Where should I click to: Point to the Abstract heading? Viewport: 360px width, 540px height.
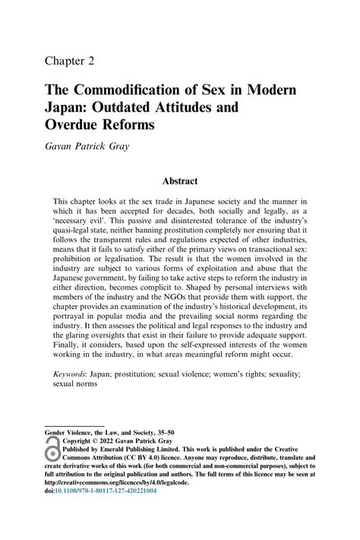click(x=179, y=181)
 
